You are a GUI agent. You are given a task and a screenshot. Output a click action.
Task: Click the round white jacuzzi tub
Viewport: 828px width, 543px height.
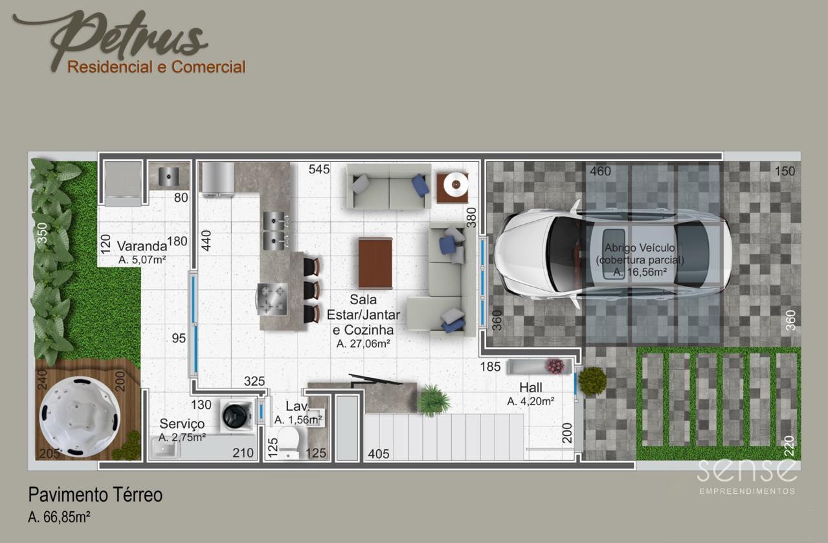(x=80, y=417)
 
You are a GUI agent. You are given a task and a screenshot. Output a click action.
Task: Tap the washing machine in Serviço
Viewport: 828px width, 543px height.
(x=237, y=415)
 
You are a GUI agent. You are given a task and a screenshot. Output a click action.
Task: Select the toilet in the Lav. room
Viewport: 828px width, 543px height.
(x=288, y=442)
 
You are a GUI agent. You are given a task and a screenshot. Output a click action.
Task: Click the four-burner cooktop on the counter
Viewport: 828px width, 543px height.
(x=272, y=298)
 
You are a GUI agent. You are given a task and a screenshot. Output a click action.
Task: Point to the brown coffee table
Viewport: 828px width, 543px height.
(x=375, y=263)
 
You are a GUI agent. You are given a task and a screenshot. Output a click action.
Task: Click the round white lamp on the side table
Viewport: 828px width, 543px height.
(x=456, y=184)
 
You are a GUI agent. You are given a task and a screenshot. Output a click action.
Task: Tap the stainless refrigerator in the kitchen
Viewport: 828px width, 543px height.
(x=218, y=179)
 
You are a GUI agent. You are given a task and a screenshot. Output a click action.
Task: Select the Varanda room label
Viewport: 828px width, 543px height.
(x=142, y=246)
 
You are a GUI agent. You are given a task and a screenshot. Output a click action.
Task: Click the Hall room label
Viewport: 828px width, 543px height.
(x=530, y=388)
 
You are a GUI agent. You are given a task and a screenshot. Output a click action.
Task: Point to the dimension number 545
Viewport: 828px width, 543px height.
(x=319, y=170)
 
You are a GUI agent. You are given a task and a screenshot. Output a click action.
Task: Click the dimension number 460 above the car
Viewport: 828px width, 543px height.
(x=600, y=171)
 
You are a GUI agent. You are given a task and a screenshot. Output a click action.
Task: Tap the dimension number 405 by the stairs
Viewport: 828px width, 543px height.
(x=379, y=454)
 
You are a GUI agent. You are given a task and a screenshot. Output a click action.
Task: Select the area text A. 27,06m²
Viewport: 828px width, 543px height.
(x=363, y=344)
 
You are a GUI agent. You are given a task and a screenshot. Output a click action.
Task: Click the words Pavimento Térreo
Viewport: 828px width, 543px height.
(x=95, y=495)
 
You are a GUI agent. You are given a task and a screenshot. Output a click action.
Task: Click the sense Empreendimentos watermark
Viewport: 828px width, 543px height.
(x=746, y=477)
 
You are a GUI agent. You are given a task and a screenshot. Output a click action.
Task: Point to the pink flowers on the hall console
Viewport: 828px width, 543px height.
(x=555, y=366)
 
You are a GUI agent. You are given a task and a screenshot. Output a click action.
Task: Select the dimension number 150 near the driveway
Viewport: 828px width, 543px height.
(x=785, y=171)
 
